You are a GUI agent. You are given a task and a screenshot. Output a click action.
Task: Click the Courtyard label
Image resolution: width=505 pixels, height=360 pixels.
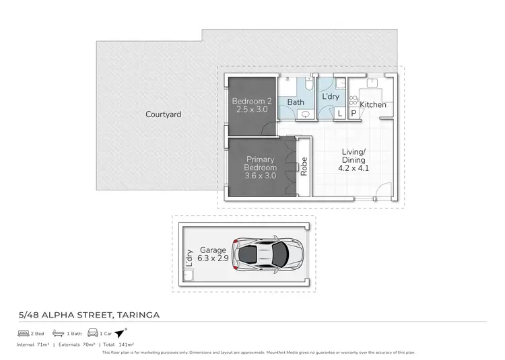163,114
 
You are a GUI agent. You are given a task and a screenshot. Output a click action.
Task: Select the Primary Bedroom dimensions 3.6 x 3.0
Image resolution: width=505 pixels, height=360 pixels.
261,176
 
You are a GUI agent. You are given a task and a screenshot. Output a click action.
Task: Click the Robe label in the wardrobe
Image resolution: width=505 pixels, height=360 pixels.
304,166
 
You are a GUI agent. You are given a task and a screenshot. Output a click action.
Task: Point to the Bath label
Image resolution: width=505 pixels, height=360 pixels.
296,102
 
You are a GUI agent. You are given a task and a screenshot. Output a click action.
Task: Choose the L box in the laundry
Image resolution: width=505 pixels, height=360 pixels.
339,115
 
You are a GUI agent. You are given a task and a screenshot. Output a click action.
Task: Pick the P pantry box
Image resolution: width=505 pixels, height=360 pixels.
353,115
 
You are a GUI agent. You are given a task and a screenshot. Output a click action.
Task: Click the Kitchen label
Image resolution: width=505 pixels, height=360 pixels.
373,105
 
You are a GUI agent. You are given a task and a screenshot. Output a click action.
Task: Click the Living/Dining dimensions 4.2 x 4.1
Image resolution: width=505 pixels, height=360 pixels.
353,169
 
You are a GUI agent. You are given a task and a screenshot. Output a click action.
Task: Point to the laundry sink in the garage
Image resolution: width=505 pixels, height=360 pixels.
190,276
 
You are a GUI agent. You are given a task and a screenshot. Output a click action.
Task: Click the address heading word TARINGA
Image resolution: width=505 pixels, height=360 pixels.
137,314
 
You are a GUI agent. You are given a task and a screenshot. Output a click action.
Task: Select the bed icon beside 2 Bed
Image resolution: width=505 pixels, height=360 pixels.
24,333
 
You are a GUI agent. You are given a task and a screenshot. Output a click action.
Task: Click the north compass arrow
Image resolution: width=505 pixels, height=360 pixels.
121,333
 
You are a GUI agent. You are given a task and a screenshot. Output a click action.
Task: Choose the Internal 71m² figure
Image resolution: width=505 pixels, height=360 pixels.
33,344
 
